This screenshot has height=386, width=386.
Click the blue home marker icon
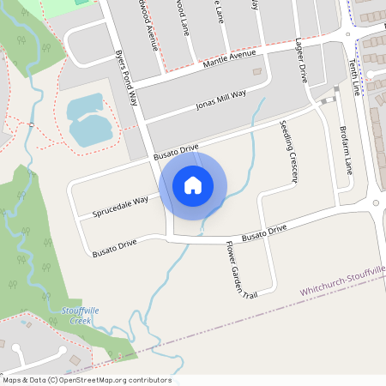click(193, 185)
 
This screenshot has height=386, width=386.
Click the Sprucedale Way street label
click(121, 205)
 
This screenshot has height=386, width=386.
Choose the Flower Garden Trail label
click(236, 269)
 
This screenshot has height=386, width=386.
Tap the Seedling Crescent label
click(288, 152)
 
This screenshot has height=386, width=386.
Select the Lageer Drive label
click(301, 60)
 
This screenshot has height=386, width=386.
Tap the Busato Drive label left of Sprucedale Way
click(115, 249)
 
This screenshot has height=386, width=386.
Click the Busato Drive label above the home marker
click(176, 153)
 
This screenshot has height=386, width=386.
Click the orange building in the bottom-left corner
click(74, 358)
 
